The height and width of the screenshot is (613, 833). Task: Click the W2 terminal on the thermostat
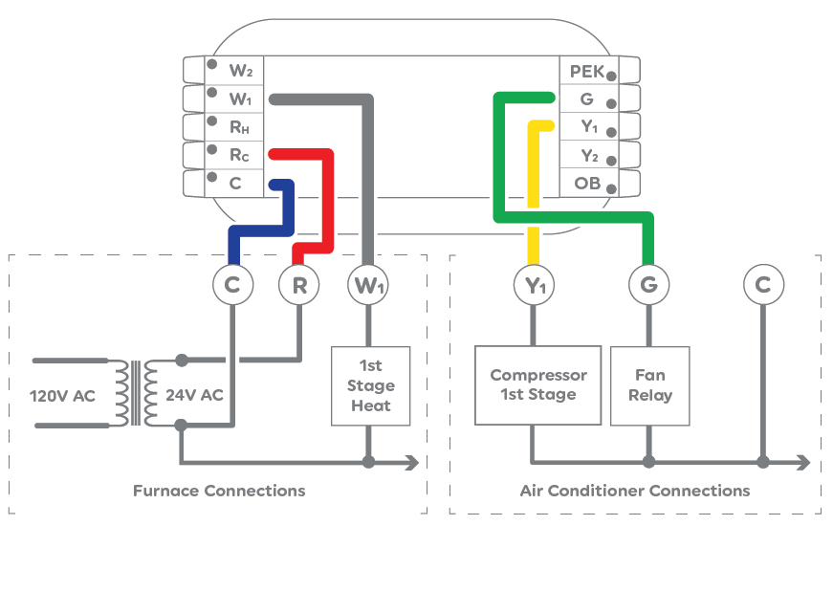tap(239, 70)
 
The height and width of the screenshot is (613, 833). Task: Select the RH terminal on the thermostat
tap(239, 125)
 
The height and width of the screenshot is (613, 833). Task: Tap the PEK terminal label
tap(585, 72)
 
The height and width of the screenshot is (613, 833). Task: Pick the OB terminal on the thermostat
tap(586, 183)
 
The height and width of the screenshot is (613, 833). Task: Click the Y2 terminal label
tap(589, 155)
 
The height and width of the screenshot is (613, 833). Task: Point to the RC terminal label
tap(239, 153)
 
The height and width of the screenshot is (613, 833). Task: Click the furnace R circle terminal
tap(299, 285)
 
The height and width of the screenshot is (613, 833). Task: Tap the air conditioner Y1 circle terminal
tap(535, 285)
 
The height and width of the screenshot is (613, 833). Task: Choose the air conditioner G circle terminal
tap(648, 285)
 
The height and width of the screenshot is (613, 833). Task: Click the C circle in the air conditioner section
tap(762, 285)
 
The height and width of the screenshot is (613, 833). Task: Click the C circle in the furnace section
tap(232, 285)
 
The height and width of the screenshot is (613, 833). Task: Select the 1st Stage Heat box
tap(370, 385)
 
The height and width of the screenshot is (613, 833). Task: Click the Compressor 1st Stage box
tap(537, 385)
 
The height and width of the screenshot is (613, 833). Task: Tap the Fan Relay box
tap(649, 385)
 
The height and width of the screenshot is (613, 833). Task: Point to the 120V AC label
tap(62, 395)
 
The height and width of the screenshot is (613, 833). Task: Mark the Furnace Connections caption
tap(219, 491)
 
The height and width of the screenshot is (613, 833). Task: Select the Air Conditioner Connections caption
tap(635, 491)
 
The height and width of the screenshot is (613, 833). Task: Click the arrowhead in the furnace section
tap(412, 463)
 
